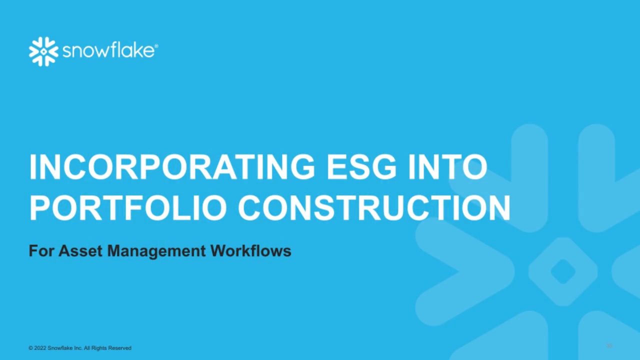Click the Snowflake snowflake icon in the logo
tap(43, 51)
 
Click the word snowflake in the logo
tap(107, 51)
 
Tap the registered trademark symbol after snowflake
tap(156, 46)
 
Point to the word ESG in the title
tap(361, 167)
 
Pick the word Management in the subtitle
tap(156, 250)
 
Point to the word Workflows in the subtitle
tap(250, 250)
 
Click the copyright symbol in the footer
tap(30, 348)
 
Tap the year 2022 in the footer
tap(40, 348)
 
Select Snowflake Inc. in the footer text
tap(65, 348)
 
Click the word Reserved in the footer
tap(120, 348)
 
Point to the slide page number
tap(609, 346)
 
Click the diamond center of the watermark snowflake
tap(563, 271)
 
